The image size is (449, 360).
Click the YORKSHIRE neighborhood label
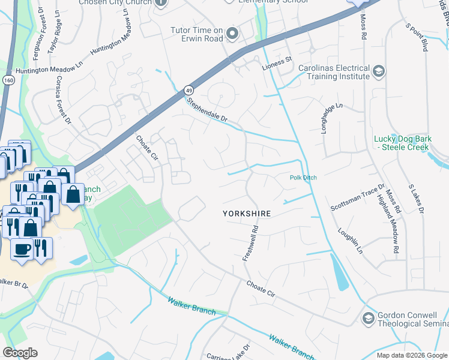tap(247, 214)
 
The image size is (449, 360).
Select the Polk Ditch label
tap(303, 178)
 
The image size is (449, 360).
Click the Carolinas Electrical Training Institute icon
tap(378, 72)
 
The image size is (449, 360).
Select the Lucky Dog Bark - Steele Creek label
tap(402, 143)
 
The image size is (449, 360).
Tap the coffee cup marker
tap(22, 248)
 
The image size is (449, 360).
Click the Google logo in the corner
tap(20, 353)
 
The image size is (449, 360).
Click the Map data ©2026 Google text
tap(411, 355)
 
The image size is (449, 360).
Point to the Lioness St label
tap(276, 59)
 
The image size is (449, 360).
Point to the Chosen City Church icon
tap(160, 2)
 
